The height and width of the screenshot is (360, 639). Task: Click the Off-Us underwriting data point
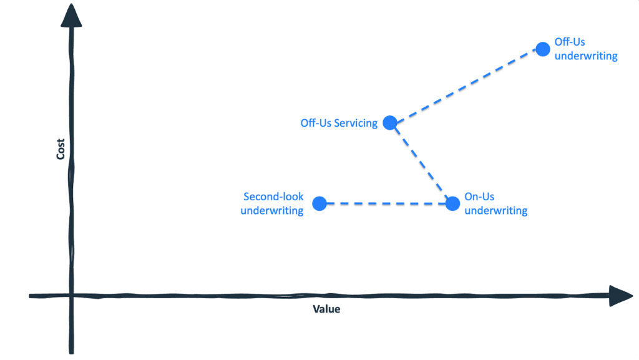[x=543, y=49]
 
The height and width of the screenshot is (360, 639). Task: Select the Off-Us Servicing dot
[x=390, y=122]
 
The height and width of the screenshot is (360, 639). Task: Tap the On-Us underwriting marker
[x=452, y=203]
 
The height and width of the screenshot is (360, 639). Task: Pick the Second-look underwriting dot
[x=319, y=203]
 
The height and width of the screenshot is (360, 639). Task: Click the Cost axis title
[x=61, y=149]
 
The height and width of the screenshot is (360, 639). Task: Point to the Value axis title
[x=326, y=309]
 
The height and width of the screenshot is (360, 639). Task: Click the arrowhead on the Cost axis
[x=71, y=16]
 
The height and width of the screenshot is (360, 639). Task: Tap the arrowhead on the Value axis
[x=621, y=296]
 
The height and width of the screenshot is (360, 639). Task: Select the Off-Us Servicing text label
[x=339, y=123]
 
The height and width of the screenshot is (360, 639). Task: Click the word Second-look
[x=273, y=197]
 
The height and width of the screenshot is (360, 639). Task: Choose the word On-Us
[x=479, y=197]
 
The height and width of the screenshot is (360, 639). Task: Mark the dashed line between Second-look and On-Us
[x=386, y=203]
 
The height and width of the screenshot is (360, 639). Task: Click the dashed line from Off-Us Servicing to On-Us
[x=421, y=163]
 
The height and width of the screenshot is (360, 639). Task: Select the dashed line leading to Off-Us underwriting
[x=466, y=86]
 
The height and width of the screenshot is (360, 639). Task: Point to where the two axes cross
[x=71, y=296]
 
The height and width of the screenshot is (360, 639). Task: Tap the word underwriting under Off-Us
[x=586, y=56]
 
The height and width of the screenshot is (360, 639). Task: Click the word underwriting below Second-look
[x=272, y=210]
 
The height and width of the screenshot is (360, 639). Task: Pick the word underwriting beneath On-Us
[x=496, y=210]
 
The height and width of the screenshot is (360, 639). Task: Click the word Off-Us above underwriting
[x=570, y=42]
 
